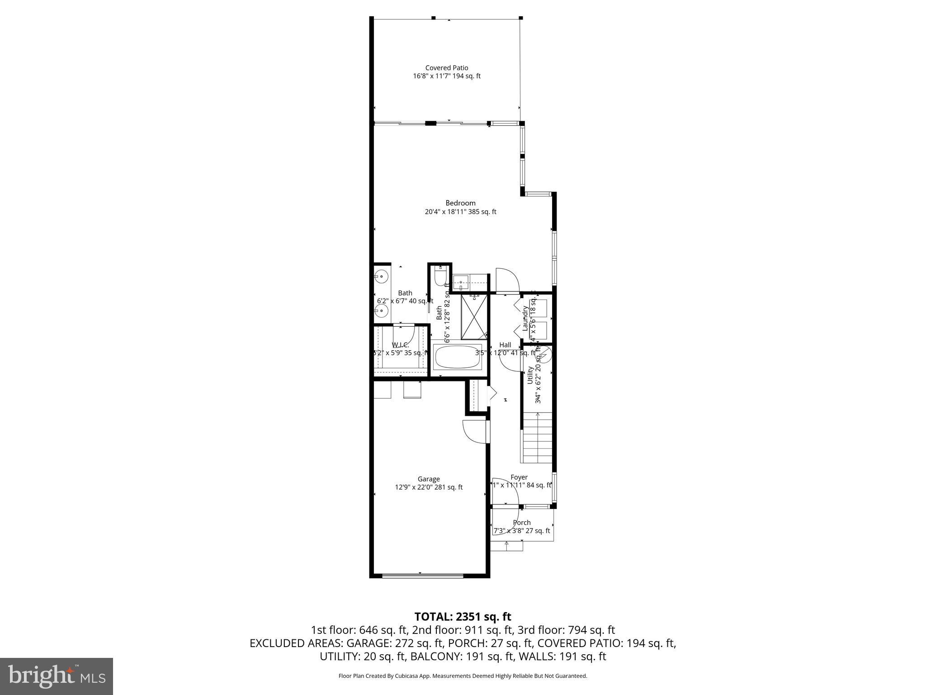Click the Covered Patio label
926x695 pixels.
click(446, 68)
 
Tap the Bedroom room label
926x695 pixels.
click(460, 203)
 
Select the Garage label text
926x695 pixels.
click(428, 479)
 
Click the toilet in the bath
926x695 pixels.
click(440, 275)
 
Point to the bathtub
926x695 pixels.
click(458, 357)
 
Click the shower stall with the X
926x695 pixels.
click(474, 317)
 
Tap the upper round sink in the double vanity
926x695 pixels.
click(382, 276)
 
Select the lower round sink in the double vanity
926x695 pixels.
click(382, 310)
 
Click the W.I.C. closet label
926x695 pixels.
click(400, 345)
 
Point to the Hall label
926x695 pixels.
click(505, 345)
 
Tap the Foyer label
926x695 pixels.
click(519, 477)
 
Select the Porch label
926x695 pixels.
click(521, 523)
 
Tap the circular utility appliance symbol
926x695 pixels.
click(544, 355)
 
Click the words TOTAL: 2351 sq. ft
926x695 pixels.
click(463, 616)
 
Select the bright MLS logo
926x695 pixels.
click(56, 676)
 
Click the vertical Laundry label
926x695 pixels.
click(525, 318)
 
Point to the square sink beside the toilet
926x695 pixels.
click(461, 282)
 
